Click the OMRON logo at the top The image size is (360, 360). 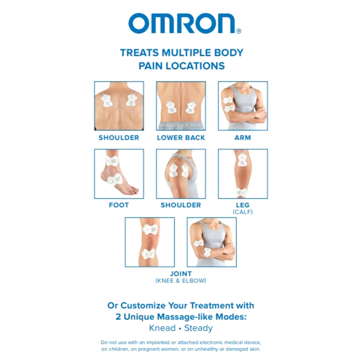click(x=184, y=23)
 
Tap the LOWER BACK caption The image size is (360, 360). click(x=181, y=138)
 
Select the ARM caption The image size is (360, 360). click(x=242, y=138)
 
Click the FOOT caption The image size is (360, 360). click(x=119, y=205)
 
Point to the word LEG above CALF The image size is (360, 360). click(x=242, y=205)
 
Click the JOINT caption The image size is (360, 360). click(x=181, y=274)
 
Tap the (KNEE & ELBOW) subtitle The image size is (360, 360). click(x=181, y=281)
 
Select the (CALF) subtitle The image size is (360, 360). click(x=242, y=212)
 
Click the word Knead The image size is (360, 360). click(x=163, y=328)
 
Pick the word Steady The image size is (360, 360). click(x=199, y=328)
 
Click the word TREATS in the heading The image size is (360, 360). click(x=139, y=53)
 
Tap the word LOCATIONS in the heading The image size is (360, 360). click(x=196, y=66)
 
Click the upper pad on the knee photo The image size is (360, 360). click(x=150, y=229)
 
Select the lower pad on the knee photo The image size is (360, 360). click(x=149, y=254)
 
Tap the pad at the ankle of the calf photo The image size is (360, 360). click(x=241, y=193)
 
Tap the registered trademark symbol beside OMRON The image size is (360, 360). click(x=239, y=31)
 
